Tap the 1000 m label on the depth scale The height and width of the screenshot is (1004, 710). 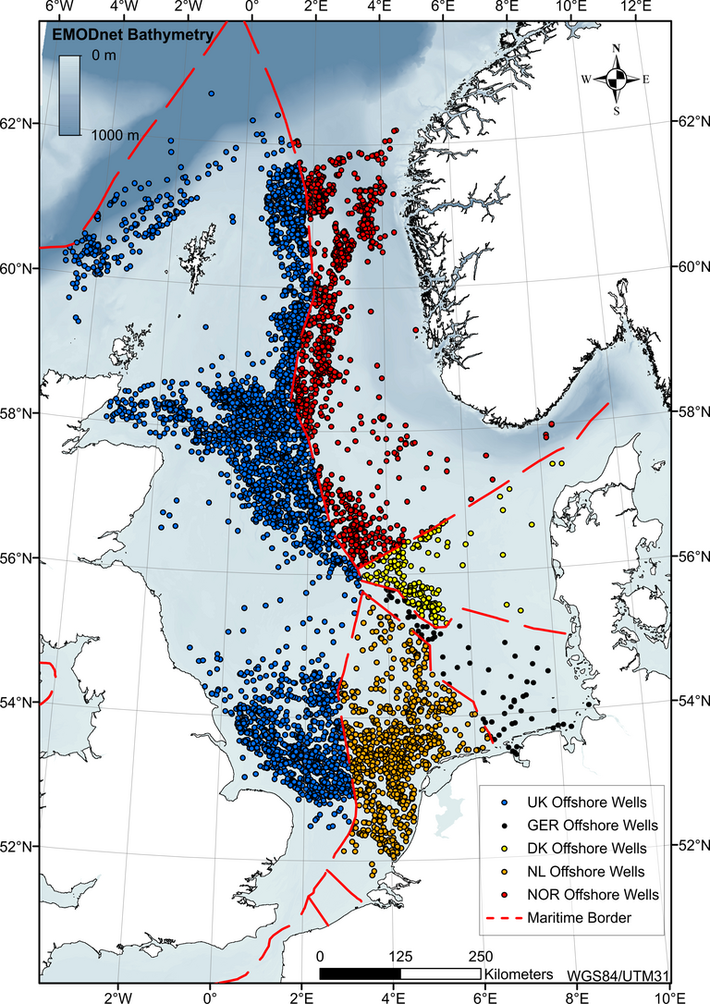(115, 134)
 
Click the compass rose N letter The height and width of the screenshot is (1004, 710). (616, 51)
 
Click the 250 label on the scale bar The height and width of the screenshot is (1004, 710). (481, 956)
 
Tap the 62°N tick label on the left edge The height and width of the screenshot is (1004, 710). (19, 123)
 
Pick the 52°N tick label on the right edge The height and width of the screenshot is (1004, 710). (689, 845)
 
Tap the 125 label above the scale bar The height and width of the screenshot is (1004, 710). (400, 956)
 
